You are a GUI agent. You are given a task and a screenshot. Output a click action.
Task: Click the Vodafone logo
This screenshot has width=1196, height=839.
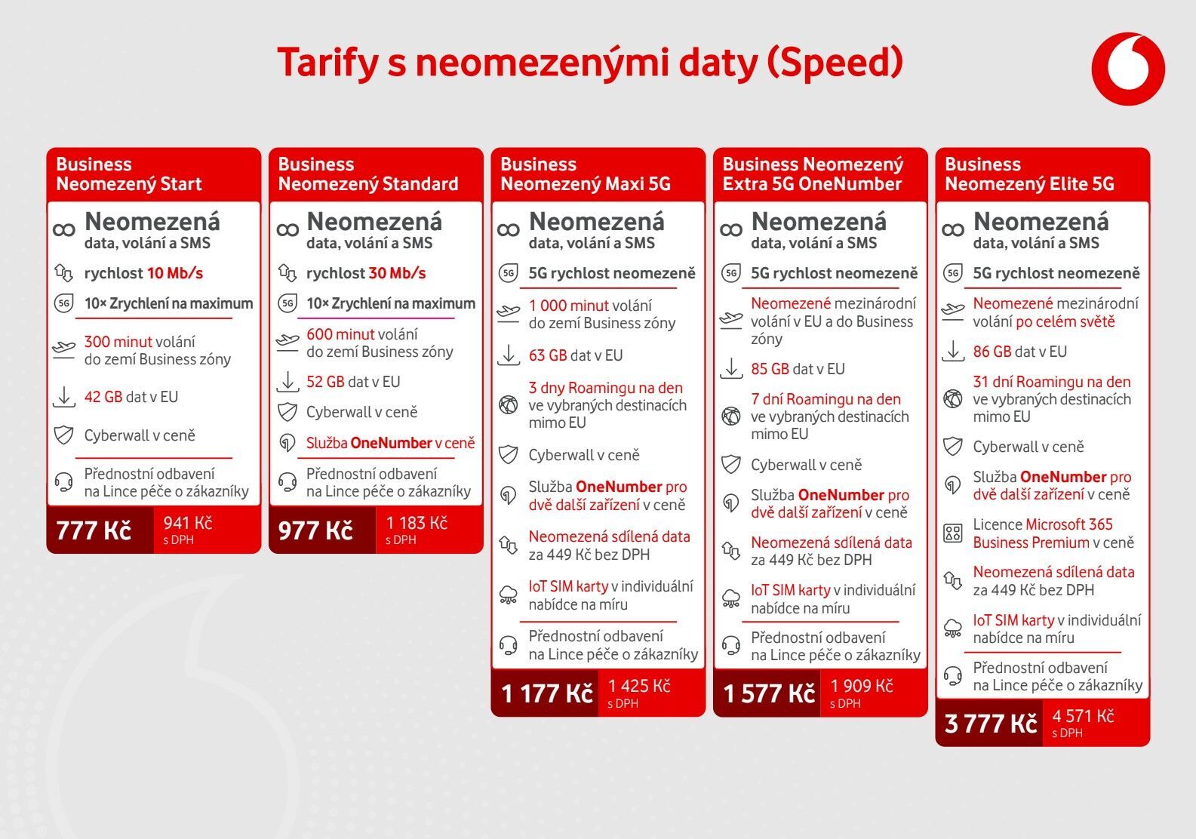coord(1128,69)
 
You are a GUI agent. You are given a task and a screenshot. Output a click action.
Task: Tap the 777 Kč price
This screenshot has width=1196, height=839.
coord(94,530)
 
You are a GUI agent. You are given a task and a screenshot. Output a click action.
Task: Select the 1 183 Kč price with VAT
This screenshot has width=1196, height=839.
coord(417,524)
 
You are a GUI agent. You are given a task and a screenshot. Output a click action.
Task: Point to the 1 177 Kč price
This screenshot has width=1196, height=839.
coord(547,693)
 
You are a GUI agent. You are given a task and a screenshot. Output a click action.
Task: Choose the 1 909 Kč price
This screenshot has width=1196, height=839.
coord(862,687)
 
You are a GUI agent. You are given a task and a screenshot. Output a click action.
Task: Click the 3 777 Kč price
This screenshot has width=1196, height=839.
coord(991,724)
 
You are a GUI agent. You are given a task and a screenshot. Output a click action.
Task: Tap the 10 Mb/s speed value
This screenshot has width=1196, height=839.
coord(174,273)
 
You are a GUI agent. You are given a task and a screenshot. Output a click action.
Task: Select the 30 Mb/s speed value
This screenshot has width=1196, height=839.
coord(397,273)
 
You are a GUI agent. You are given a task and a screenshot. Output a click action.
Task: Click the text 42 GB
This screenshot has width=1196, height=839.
coord(103,397)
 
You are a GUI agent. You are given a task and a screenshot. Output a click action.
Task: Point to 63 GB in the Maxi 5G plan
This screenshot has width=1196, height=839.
coord(548,355)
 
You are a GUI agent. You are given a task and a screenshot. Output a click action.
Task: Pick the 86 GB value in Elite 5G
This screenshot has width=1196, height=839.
coord(992,352)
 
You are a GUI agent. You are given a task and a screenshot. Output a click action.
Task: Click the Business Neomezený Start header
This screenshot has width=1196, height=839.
coord(129,174)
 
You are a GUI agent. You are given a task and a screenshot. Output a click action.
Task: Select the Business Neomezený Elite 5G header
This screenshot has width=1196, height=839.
coord(1029,174)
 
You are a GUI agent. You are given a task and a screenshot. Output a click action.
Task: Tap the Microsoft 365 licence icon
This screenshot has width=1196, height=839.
coord(953,533)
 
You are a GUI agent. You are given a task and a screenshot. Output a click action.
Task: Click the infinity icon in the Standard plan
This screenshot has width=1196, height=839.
coord(287,229)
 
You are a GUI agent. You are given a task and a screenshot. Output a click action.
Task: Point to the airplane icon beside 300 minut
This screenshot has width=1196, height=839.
coord(64,349)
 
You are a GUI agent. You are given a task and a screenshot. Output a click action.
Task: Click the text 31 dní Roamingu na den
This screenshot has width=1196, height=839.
coord(1052,382)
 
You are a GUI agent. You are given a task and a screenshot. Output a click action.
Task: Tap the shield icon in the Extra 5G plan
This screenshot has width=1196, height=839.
coord(730,465)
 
